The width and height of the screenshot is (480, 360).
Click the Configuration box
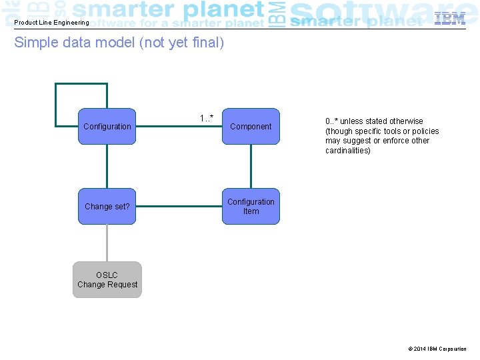tap(107, 126)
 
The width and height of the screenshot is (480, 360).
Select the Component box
tap(251, 126)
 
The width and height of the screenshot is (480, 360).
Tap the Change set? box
tap(107, 207)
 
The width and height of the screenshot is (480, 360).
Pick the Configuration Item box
tap(251, 207)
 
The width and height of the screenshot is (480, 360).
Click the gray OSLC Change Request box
tap(107, 279)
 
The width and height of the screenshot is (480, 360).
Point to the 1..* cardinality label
tap(207, 118)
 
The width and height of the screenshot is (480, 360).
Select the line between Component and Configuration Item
tap(251, 167)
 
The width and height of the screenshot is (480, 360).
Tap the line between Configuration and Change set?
tap(107, 167)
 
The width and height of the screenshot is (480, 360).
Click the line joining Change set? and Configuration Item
tap(179, 207)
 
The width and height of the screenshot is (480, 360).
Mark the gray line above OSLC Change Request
tap(107, 243)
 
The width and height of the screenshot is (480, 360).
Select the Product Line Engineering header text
tap(51, 23)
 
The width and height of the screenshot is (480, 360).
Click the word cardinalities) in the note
tap(348, 151)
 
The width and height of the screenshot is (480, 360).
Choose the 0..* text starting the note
tap(332, 121)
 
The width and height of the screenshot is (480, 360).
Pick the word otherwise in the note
tap(407, 121)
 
